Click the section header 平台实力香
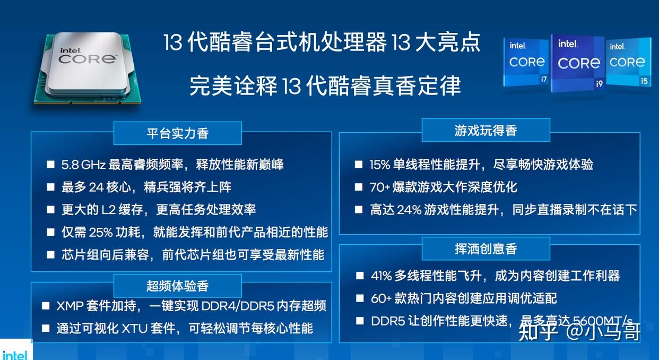[178, 133]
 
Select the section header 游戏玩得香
[485, 131]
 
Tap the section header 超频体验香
[178, 286]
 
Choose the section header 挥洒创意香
[485, 248]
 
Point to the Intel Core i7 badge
[526, 62]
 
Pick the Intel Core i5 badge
[628, 62]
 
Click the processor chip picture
[88, 68]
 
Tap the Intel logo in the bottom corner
[15, 355]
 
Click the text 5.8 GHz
[83, 165]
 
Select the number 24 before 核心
[96, 187]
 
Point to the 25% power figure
[101, 233]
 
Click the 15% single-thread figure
[380, 165]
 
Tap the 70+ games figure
[380, 187]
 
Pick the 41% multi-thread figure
[381, 276]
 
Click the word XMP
[71, 306]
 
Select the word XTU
[134, 329]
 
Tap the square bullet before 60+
[360, 298]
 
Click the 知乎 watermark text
[537, 332]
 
